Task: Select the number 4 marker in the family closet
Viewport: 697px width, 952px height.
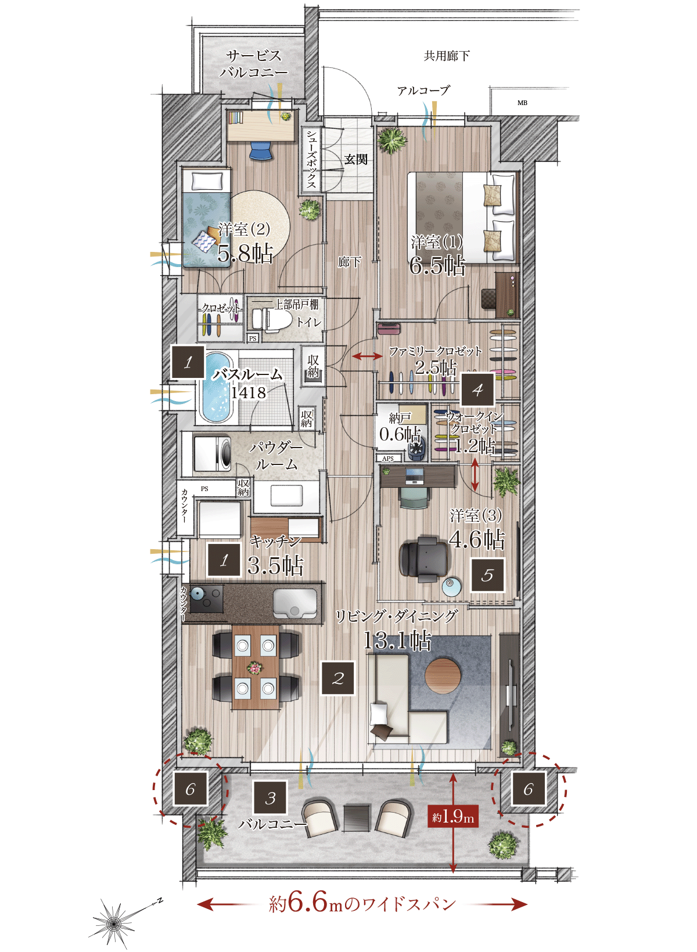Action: click(477, 390)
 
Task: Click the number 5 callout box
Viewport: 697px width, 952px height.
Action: click(487, 575)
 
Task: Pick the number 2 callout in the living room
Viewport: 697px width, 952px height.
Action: click(337, 678)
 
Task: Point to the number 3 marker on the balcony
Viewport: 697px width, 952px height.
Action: click(270, 798)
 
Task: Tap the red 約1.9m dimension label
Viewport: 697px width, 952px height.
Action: click(453, 816)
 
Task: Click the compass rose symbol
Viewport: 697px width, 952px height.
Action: click(114, 922)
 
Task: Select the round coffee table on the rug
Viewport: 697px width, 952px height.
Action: click(443, 676)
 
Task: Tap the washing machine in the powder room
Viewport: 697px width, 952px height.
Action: click(212, 453)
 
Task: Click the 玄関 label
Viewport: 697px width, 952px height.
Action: click(355, 160)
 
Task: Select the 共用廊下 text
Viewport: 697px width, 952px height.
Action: click(447, 56)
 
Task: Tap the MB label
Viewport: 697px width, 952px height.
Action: click(522, 103)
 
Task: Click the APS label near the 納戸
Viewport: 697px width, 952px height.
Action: click(388, 459)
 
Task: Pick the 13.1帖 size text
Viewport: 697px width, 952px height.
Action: click(397, 640)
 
